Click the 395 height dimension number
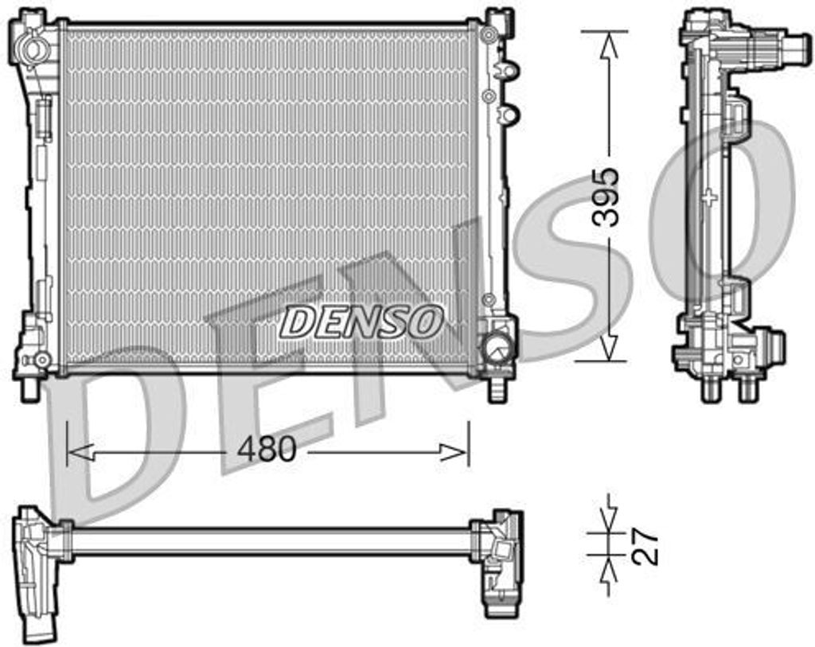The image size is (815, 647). [x=606, y=197]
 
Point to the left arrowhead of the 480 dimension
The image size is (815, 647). [x=80, y=452]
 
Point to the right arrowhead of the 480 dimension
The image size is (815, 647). [x=455, y=452]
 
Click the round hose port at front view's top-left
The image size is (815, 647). [x=34, y=49]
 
